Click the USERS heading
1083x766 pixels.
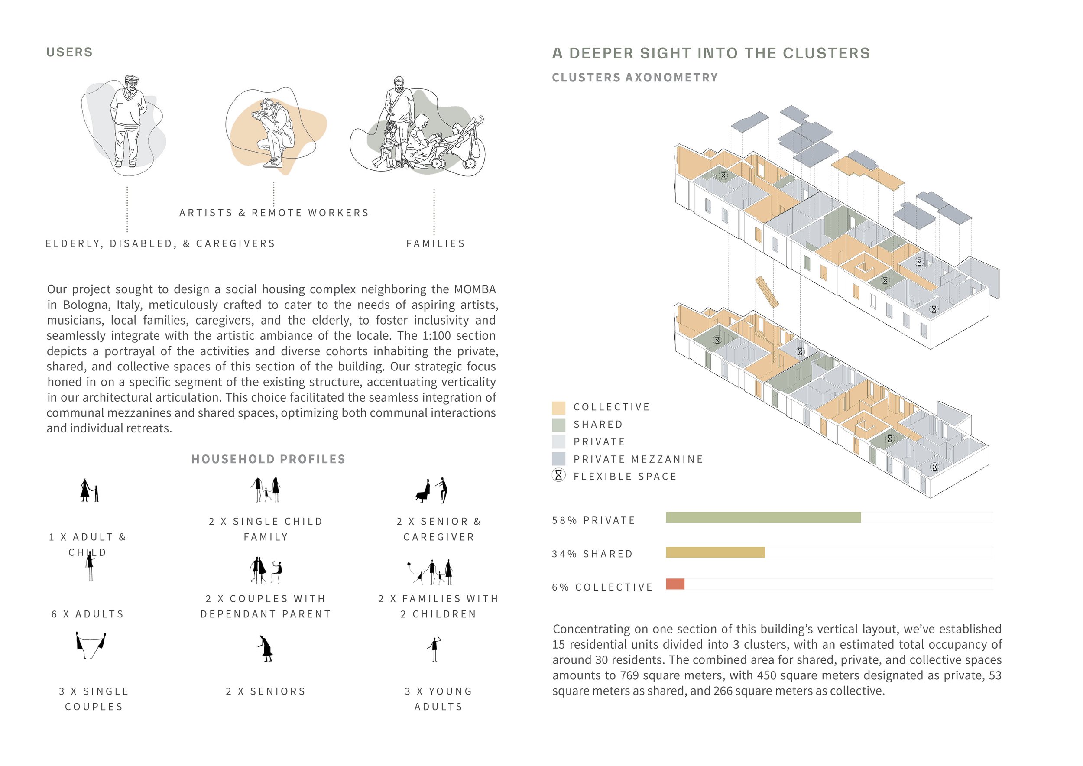point(69,52)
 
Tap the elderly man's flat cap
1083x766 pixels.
point(132,78)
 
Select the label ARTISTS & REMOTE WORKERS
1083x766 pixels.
point(274,213)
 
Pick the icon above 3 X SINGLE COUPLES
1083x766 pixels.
point(91,645)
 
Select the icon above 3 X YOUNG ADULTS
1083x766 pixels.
point(435,649)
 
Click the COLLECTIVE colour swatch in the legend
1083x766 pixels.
point(558,408)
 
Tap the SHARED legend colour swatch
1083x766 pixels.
point(558,425)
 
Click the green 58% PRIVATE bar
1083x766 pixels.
point(763,517)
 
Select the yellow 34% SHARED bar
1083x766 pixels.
point(715,552)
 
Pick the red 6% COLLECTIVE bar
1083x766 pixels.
point(675,584)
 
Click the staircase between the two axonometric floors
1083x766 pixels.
point(767,292)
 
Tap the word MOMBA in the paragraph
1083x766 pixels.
point(475,289)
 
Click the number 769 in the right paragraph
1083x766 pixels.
point(630,675)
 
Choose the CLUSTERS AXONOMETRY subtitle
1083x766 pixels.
point(635,78)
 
